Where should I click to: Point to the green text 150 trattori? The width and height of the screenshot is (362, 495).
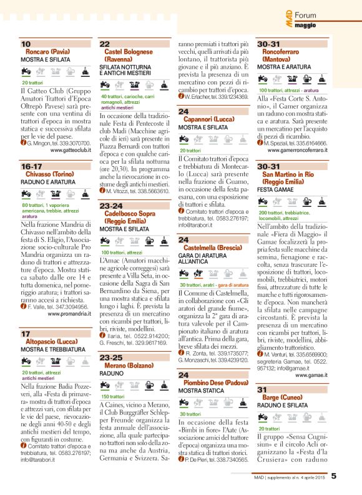point(114,396)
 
